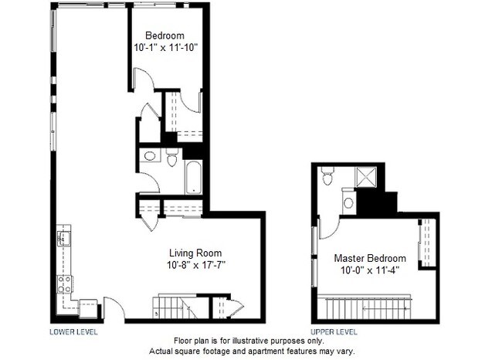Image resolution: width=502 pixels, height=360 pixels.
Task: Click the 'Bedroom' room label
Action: (x=165, y=36)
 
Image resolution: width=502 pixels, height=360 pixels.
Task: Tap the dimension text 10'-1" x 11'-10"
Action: (x=165, y=47)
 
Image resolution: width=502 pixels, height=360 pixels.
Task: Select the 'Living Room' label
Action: (x=195, y=253)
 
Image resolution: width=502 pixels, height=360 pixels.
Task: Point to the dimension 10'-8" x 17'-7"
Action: (x=195, y=264)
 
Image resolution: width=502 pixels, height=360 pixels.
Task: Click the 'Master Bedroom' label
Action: (x=370, y=258)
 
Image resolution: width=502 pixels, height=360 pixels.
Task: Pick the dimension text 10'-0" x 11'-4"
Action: (x=370, y=270)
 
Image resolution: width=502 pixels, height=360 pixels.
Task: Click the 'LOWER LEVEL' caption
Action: (x=73, y=331)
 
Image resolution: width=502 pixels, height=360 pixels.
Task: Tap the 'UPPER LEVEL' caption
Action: (x=334, y=331)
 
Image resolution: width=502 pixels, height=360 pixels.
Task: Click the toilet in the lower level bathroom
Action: (x=171, y=158)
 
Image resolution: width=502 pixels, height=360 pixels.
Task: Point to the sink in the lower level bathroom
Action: (x=150, y=156)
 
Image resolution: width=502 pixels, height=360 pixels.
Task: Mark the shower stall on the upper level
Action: (x=368, y=177)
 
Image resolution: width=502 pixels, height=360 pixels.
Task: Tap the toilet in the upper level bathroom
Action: (x=327, y=177)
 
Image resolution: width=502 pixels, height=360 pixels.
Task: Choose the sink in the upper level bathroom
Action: (x=348, y=203)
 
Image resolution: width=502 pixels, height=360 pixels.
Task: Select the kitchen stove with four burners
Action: (x=64, y=285)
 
